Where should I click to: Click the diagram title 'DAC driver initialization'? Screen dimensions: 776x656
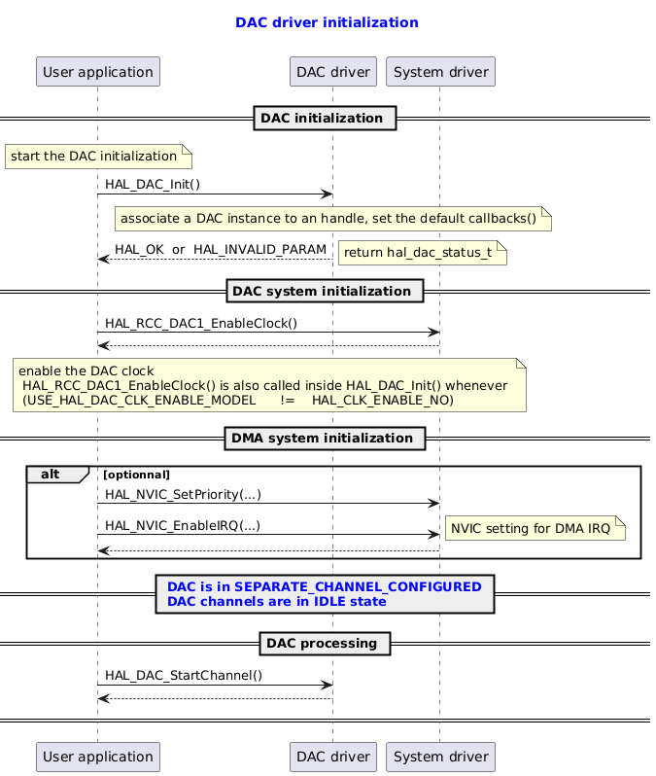(x=327, y=22)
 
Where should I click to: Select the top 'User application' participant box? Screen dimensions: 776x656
(x=97, y=71)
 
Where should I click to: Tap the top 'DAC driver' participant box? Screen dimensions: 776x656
(x=332, y=71)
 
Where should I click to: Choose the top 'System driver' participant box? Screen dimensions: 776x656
(x=440, y=71)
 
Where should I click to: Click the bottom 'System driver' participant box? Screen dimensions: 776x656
(x=440, y=756)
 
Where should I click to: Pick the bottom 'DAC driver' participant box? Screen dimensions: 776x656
(x=332, y=756)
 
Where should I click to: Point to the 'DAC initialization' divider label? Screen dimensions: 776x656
(x=325, y=119)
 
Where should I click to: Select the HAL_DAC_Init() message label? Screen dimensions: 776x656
(x=153, y=185)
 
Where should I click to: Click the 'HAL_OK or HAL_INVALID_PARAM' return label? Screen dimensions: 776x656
(x=221, y=250)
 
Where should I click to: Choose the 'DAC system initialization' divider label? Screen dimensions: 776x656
(x=325, y=292)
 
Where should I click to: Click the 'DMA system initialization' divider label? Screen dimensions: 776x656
(x=325, y=439)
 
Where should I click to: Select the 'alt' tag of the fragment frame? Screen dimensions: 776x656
(x=51, y=474)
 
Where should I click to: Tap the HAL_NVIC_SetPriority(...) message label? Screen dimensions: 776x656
(x=183, y=495)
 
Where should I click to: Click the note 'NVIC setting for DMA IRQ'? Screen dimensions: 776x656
(x=533, y=529)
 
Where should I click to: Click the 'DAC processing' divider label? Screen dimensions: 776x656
(x=325, y=644)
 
